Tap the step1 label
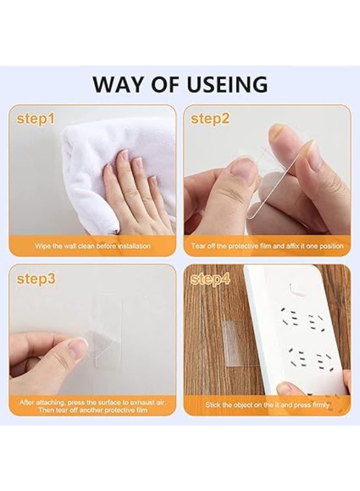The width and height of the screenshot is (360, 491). point(35,119)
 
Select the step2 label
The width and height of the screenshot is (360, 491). point(210,119)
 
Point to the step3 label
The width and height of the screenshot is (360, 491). point(36,279)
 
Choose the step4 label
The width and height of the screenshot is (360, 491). point(211,279)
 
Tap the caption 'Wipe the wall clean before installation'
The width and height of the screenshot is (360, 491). point(93,246)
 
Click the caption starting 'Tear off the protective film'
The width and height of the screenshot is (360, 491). point(267,246)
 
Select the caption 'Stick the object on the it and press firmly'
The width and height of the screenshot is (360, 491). point(267,405)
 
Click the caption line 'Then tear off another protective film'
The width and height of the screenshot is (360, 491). point(93,410)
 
